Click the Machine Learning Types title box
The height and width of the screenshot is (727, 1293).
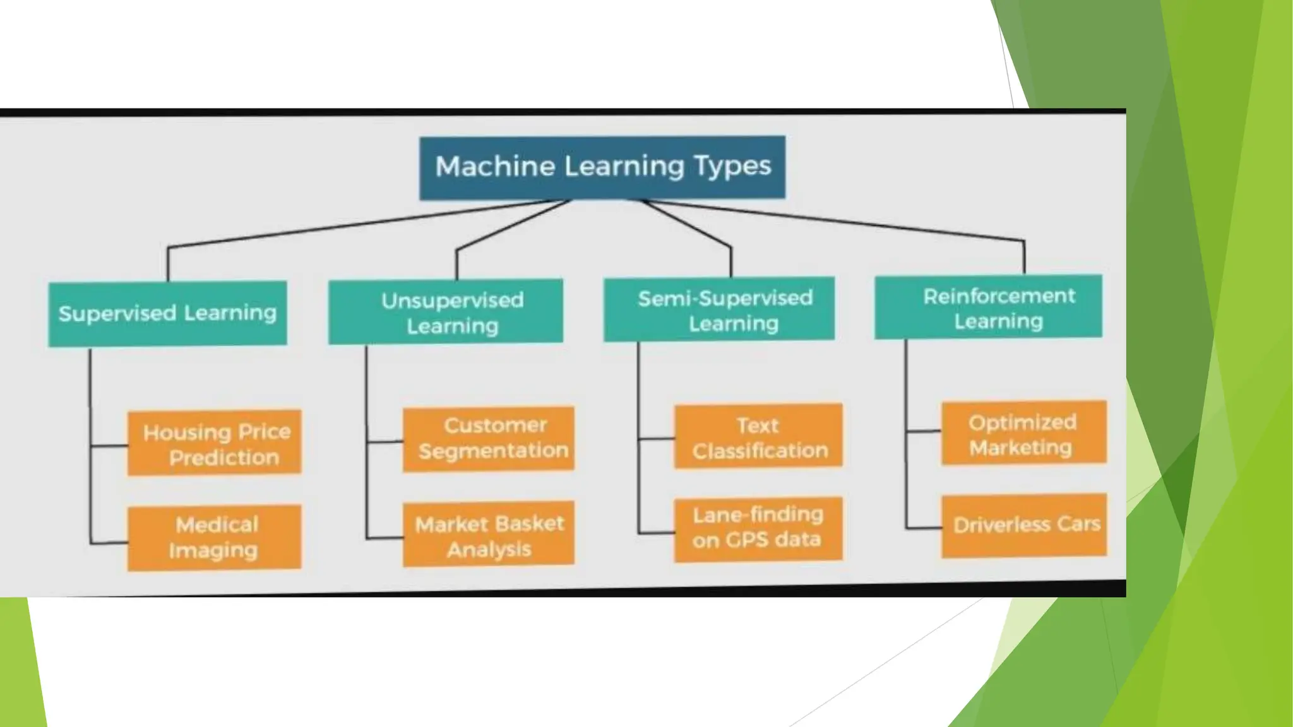(602, 167)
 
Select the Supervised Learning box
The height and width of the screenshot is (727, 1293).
(167, 314)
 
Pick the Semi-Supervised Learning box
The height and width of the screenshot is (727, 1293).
(719, 310)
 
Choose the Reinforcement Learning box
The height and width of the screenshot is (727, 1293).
(988, 307)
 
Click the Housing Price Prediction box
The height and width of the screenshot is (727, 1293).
(215, 442)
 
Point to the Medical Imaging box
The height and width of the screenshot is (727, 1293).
(215, 538)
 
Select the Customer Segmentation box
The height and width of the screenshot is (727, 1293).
(489, 439)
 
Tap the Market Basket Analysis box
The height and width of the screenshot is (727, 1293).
(489, 534)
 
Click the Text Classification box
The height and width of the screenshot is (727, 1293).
(758, 436)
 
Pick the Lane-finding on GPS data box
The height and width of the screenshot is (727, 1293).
(758, 529)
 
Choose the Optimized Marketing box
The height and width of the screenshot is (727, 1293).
(1023, 433)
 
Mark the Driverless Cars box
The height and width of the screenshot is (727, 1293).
(1023, 525)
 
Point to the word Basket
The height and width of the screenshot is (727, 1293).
(530, 523)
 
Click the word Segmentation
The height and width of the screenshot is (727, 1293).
(494, 451)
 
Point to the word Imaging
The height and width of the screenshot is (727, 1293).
(213, 551)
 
